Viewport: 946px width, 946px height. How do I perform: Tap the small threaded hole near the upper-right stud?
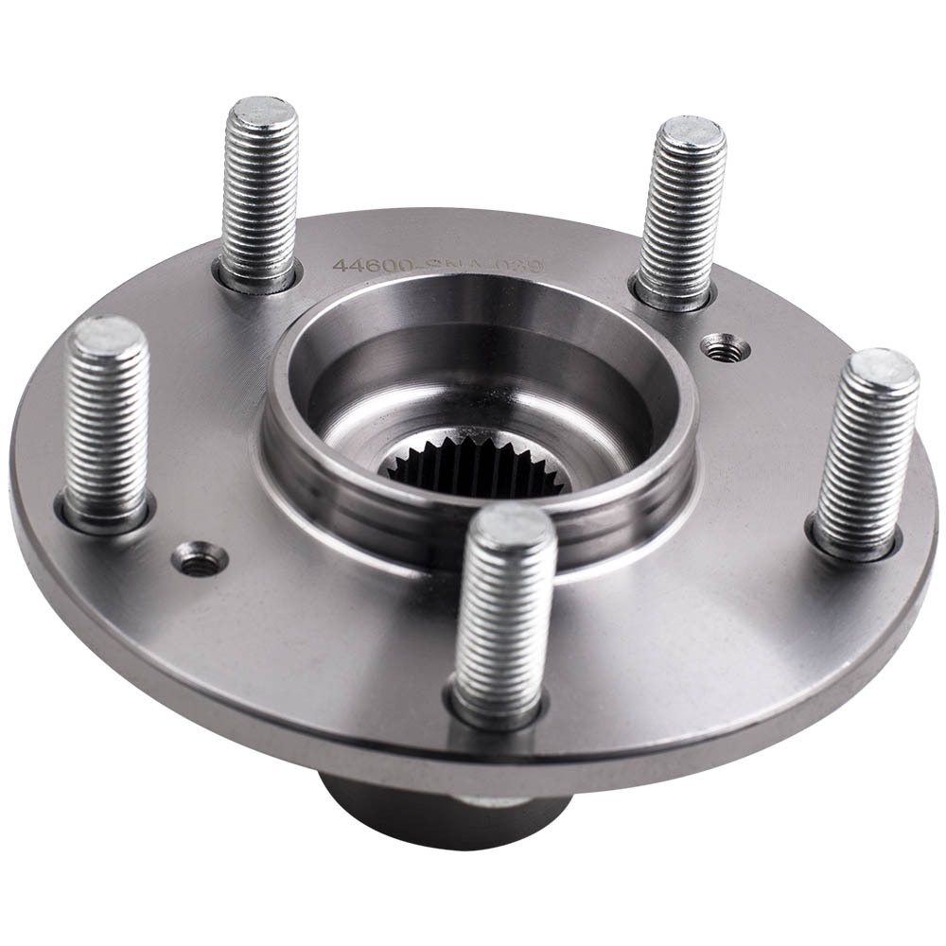pos(724,349)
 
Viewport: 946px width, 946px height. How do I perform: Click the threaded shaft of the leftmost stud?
pos(106,426)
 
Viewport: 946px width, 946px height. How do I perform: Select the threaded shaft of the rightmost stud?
pos(866,454)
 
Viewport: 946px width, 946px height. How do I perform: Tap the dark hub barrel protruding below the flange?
pos(426,814)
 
